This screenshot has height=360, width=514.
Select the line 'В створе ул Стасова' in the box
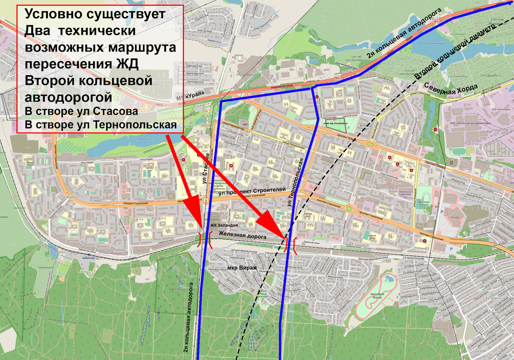tap(81, 111)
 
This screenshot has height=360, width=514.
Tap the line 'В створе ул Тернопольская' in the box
tap(101, 125)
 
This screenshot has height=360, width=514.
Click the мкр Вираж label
tap(242, 267)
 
